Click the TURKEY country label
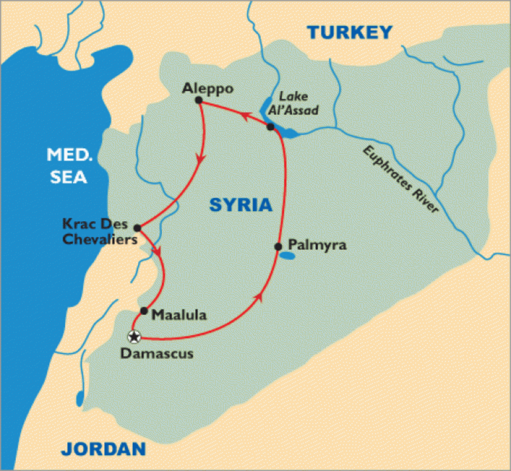point(350,32)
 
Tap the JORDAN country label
point(103,449)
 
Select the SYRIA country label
point(241,205)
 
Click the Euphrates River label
point(400,179)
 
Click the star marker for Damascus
point(134,337)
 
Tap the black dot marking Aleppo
point(198,100)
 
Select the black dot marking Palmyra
point(278,247)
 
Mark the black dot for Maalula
point(144,310)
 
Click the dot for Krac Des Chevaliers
point(137,228)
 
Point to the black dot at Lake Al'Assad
point(270,126)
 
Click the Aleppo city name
point(208,89)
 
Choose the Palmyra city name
point(317,245)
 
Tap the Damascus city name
point(157,353)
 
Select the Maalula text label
point(179,315)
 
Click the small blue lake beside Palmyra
point(287,256)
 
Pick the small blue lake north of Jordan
point(80,399)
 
